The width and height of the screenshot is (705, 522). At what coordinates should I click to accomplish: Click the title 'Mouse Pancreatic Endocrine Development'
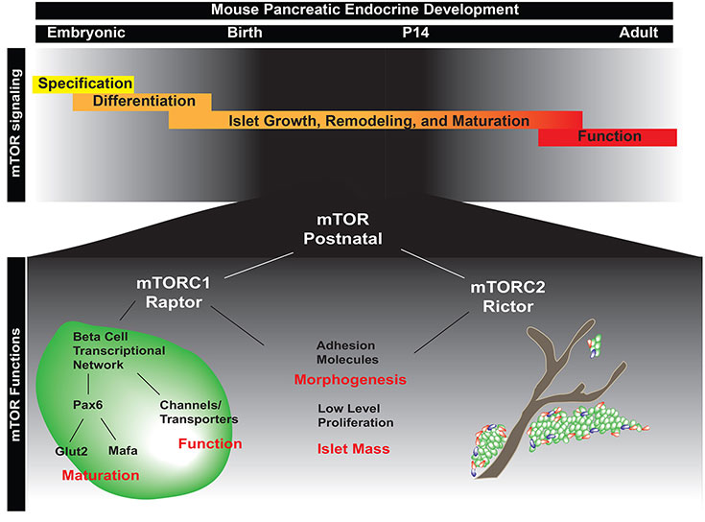tap(353, 10)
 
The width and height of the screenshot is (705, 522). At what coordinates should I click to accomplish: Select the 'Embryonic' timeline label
tap(82, 33)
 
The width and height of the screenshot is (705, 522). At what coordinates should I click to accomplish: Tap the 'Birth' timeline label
tap(245, 33)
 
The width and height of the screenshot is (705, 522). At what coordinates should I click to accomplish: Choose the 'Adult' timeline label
tap(638, 33)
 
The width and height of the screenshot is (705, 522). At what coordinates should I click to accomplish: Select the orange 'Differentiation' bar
tap(144, 102)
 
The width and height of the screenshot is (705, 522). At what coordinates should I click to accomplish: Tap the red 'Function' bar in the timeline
tap(609, 137)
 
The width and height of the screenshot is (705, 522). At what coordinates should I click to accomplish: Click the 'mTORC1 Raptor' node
tap(178, 291)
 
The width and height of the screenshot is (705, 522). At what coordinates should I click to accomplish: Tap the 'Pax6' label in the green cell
tap(87, 405)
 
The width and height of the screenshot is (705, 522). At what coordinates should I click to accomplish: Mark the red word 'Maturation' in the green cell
tap(101, 475)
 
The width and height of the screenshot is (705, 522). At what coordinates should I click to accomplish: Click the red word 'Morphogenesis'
tap(352, 380)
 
